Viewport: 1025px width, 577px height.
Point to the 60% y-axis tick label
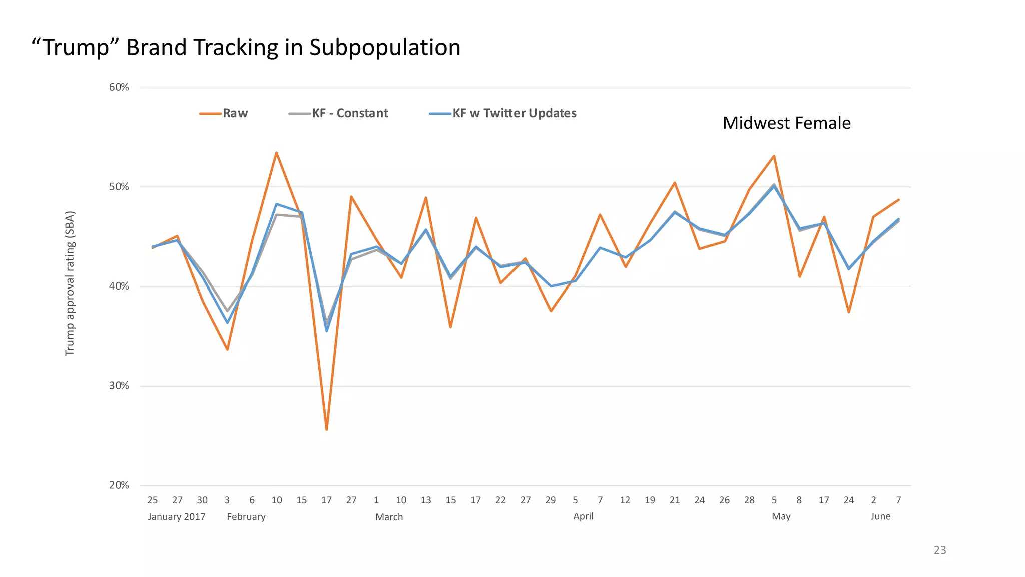pos(119,87)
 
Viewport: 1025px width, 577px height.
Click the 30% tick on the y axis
pos(119,386)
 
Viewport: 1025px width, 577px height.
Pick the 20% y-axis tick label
pos(119,485)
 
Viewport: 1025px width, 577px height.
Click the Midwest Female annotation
pos(786,123)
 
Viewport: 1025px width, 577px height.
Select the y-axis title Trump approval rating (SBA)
pos(70,283)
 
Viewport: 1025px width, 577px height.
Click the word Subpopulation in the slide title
pos(384,47)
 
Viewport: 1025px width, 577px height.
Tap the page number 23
pos(940,550)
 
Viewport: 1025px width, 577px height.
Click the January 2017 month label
pos(177,516)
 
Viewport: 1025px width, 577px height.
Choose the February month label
pos(246,516)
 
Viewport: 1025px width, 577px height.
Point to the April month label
pos(583,516)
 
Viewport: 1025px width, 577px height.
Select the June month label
pos(880,516)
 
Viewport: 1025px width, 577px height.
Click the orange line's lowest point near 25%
pos(326,429)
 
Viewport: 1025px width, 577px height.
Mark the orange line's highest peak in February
pos(276,153)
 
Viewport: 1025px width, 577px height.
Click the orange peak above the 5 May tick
pos(774,156)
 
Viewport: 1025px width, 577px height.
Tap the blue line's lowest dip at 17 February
pos(327,331)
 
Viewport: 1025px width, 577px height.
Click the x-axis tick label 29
pos(550,500)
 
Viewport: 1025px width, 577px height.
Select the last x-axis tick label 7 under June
pos(898,500)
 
